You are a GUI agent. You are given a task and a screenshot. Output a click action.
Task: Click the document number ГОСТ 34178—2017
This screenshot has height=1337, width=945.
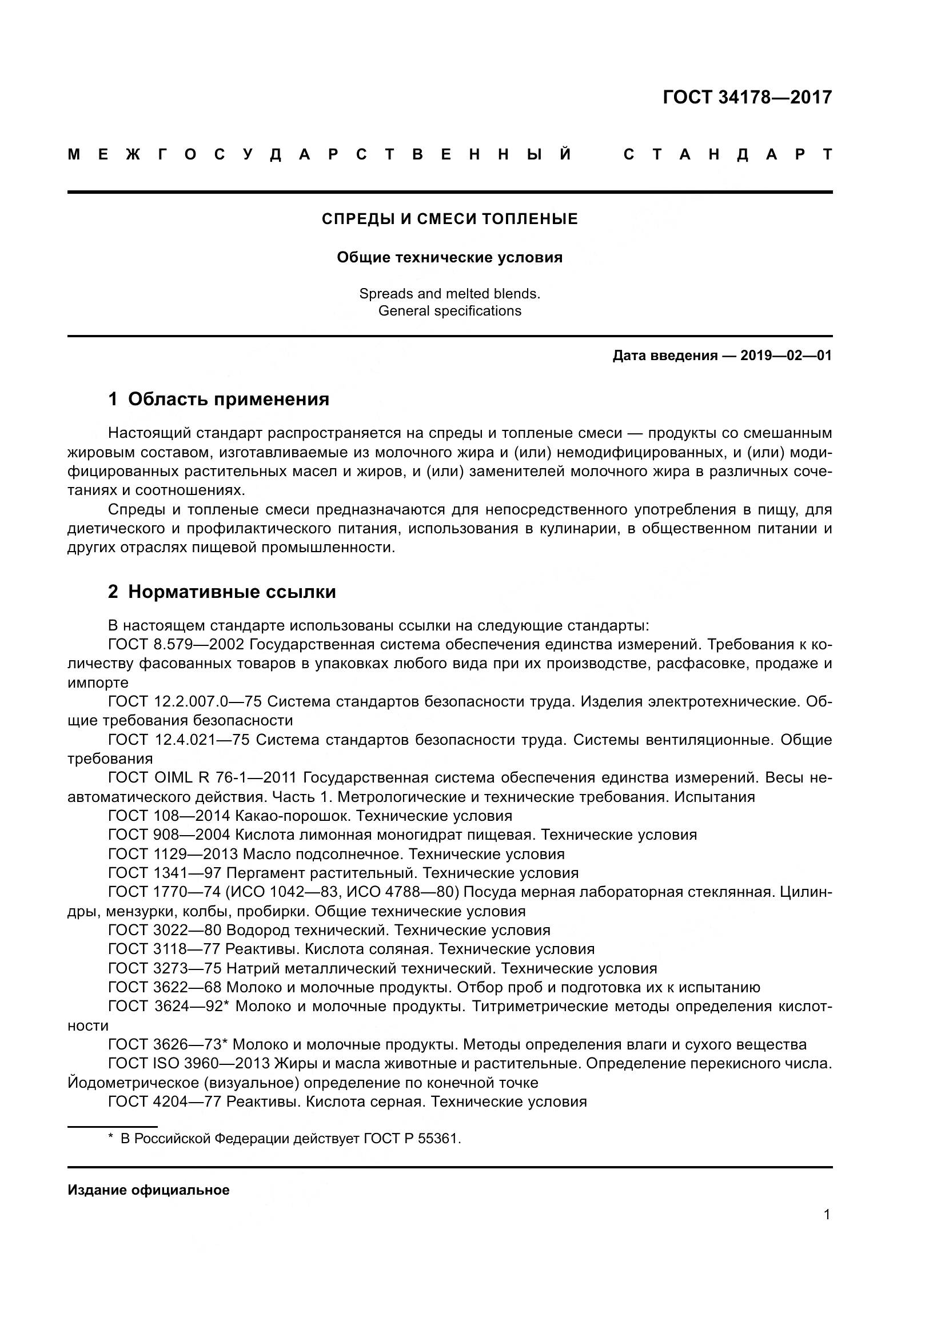pos(747,97)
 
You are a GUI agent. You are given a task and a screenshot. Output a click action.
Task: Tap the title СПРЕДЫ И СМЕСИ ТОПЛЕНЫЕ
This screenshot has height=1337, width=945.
pos(449,219)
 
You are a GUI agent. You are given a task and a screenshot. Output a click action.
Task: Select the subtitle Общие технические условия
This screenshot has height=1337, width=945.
pos(449,257)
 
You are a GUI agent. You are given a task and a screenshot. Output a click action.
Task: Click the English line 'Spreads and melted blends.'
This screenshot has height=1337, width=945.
pos(449,293)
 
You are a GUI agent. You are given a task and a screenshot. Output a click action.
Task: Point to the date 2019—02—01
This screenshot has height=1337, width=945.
pos(785,355)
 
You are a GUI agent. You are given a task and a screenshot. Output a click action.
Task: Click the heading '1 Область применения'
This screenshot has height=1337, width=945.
pos(218,400)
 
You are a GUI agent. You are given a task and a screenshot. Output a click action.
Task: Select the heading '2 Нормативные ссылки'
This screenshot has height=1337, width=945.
pos(222,592)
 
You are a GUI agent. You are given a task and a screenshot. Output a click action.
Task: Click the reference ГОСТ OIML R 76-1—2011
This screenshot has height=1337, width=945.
pos(202,778)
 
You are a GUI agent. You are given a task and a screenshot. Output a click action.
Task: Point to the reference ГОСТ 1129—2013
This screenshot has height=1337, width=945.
pos(173,854)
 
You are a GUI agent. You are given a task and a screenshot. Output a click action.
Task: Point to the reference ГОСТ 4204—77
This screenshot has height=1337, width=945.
pos(165,1101)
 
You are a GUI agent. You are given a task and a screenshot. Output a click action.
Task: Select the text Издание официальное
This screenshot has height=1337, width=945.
pos(149,1190)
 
